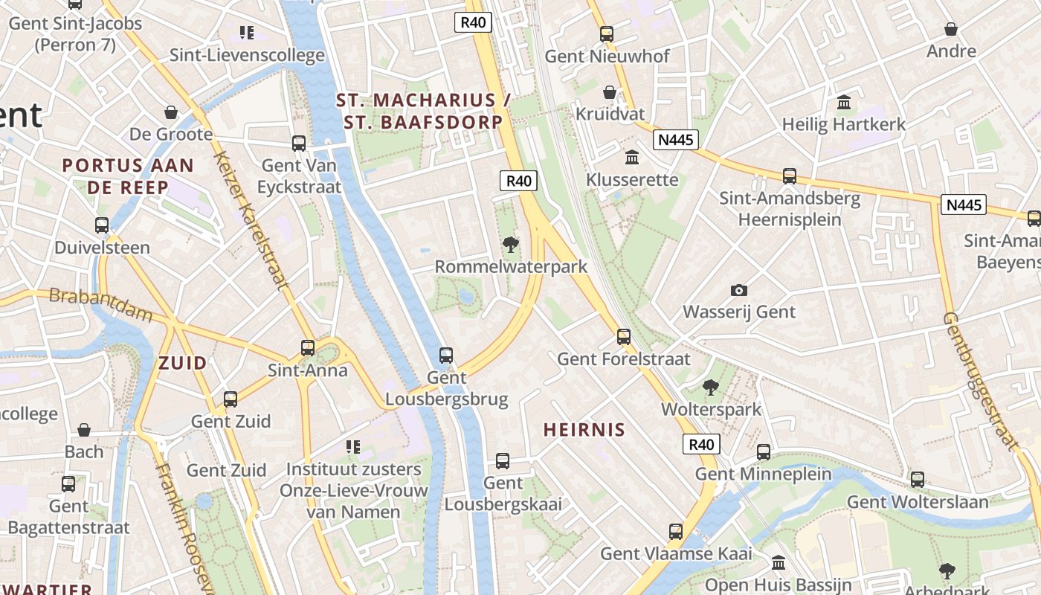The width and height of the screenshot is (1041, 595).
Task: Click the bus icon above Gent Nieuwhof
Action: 607,33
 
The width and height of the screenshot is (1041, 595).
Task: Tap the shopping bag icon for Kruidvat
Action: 610,92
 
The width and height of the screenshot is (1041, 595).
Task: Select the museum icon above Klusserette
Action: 632,157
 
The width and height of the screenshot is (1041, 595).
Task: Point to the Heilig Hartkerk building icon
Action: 844,102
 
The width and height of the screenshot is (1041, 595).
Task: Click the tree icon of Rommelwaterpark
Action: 510,244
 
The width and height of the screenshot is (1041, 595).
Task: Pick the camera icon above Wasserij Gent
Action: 738,290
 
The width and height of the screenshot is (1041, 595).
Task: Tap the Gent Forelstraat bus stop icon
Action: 624,337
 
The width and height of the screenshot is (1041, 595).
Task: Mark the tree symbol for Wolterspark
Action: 711,387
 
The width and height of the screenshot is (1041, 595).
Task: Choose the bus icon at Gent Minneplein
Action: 764,452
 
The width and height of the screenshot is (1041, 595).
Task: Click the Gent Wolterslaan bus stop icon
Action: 918,480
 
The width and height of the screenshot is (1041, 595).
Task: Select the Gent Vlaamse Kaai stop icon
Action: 676,532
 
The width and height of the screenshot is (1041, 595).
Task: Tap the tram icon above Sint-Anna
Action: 308,347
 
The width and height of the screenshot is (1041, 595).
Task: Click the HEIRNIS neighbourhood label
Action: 584,430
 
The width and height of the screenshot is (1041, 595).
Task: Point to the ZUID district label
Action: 182,364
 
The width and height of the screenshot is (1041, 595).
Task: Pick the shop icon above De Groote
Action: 171,112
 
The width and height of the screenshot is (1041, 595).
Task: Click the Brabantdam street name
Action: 100,305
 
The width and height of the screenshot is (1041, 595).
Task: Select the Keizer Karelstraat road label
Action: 251,219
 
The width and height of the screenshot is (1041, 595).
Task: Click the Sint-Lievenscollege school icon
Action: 247,33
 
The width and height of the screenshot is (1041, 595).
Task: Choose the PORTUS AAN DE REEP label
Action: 128,176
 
